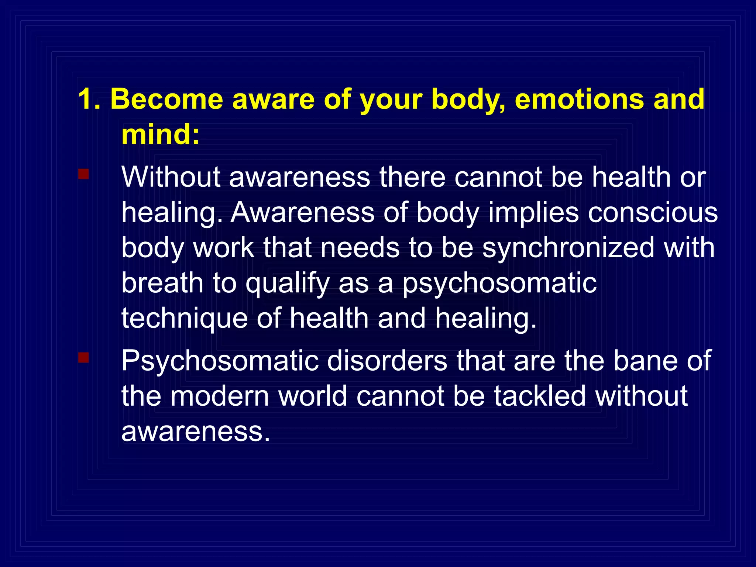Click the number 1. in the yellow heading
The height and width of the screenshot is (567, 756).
point(89,100)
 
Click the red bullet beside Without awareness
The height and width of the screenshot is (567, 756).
point(83,174)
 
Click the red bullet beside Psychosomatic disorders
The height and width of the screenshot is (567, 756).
point(83,357)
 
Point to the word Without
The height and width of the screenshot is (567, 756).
point(171,177)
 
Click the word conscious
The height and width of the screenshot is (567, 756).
point(653,213)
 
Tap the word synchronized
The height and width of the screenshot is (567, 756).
point(568,248)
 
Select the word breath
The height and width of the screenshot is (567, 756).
point(162,283)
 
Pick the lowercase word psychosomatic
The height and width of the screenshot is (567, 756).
point(499,283)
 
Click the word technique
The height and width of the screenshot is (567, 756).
point(184,318)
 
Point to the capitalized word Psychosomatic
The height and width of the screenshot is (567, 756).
point(220,361)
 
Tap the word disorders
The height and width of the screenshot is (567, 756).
point(387,361)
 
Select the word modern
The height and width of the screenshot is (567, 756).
point(220,396)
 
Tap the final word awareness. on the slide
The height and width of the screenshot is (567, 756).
point(196,431)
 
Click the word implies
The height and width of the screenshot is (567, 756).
point(533,213)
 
